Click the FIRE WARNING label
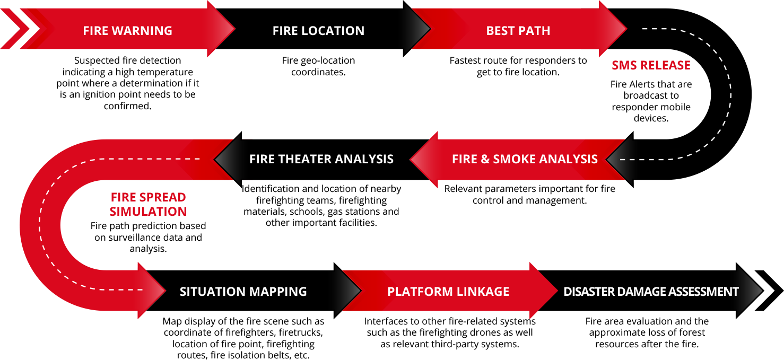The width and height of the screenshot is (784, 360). coord(127,31)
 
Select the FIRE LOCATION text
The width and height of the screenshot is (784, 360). coord(318,31)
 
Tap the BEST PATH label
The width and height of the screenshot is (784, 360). coord(518,31)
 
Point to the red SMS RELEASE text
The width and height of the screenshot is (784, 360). coord(651,65)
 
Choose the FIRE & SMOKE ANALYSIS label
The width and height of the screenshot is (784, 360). coord(525,159)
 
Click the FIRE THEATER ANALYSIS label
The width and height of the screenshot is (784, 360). coord(321,159)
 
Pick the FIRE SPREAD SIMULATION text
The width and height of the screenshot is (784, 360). coord(148,204)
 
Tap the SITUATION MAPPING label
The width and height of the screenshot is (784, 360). coord(243,292)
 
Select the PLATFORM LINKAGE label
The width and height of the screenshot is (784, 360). coord(448,292)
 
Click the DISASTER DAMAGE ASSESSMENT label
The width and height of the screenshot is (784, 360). coord(651,292)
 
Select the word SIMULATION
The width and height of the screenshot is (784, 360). coord(148,212)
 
